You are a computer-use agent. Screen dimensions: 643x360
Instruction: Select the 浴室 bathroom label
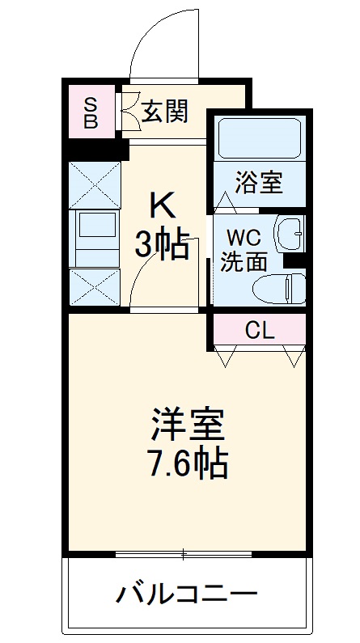259,183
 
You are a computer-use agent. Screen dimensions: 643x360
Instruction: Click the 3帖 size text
162,245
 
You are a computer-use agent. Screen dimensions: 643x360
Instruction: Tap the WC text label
244,237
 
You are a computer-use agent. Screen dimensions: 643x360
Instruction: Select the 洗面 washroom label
244,261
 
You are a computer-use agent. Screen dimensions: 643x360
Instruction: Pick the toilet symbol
280,287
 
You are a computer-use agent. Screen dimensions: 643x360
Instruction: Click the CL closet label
260,329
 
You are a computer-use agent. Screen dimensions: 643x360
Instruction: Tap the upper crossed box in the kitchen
95,184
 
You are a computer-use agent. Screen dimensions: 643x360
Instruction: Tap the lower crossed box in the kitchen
95,286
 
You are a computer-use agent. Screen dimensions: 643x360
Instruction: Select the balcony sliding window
184,554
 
